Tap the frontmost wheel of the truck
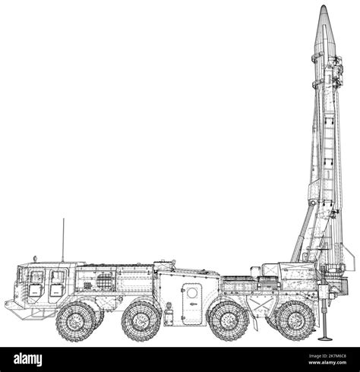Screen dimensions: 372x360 coord(76,321)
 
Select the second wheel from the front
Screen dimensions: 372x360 coord(141,321)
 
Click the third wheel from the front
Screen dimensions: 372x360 coord(229,321)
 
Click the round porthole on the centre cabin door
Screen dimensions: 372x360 coord(192,293)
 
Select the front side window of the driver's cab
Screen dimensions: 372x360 coord(36,279)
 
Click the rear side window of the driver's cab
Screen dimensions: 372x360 coord(58,279)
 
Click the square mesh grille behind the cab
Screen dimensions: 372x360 coord(105,282)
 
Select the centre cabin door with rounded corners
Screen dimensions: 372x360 coord(193,297)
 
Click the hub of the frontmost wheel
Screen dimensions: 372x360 coord(76,321)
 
